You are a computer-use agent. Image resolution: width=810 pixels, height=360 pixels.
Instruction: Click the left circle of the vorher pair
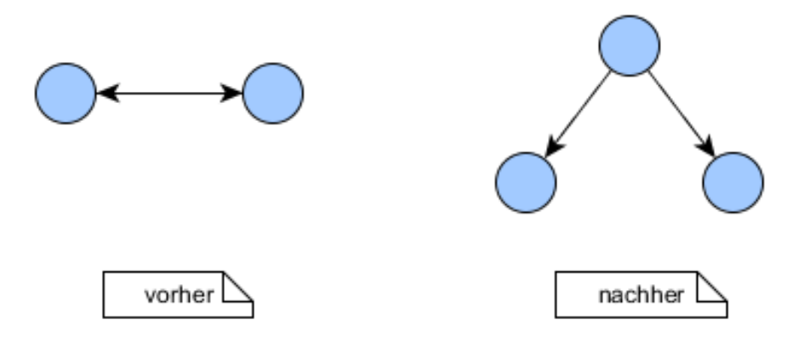click(66, 93)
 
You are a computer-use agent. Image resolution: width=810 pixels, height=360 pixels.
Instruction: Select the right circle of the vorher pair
click(272, 93)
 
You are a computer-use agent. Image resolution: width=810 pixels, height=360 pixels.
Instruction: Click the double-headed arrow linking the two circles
click(169, 93)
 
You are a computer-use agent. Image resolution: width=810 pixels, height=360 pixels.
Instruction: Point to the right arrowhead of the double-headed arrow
click(232, 93)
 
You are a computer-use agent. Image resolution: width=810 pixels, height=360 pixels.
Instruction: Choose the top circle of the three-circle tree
click(630, 45)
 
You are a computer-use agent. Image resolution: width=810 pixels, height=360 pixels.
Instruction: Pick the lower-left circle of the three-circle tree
click(526, 182)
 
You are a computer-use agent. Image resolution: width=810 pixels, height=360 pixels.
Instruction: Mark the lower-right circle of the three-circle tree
click(733, 182)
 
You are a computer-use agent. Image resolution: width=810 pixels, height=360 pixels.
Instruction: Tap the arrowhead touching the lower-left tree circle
click(552, 148)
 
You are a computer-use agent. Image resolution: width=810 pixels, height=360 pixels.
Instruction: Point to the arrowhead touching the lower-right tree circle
click(708, 148)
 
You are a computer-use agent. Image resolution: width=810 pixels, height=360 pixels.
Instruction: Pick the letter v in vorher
click(149, 296)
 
